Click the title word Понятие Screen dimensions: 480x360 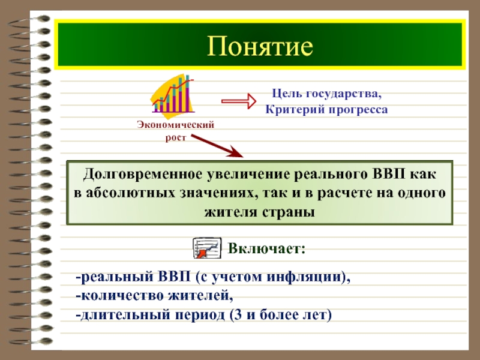click(260, 47)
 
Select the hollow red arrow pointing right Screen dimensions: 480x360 click(239, 101)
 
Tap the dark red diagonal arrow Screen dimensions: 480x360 click(217, 146)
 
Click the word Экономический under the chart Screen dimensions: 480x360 click(175, 125)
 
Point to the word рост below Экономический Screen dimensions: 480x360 click(176, 138)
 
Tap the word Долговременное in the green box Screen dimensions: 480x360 click(143, 175)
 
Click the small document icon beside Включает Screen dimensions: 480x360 click(207, 248)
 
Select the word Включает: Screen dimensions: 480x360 click(266, 248)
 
